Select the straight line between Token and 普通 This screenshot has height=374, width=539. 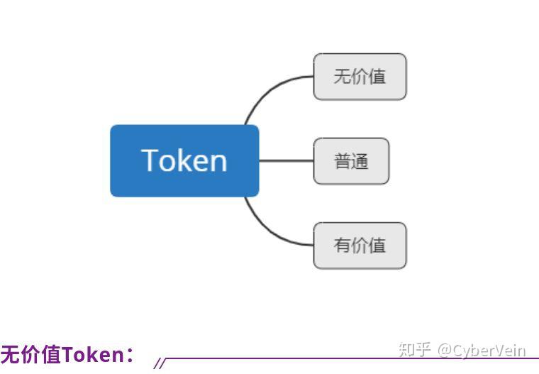click(286, 161)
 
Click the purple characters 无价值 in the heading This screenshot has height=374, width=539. click(30, 354)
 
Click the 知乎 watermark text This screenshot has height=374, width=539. click(415, 350)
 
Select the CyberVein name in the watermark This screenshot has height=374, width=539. click(489, 350)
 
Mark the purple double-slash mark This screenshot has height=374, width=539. click(160, 364)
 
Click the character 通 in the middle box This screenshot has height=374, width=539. click(360, 161)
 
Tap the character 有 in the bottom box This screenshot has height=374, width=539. click(343, 246)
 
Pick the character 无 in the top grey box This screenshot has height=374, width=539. click(343, 76)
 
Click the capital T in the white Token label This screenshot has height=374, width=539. click(151, 160)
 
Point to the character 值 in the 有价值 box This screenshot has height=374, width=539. click(377, 246)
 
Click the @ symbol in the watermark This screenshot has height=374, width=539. click(444, 350)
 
